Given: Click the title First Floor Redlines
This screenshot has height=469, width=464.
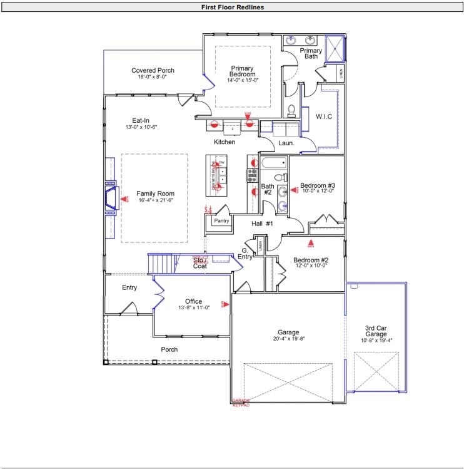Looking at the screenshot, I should tap(232, 8).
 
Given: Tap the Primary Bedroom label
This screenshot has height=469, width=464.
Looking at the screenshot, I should tap(243, 71).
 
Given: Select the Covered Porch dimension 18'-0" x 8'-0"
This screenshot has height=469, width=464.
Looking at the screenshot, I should tap(152, 77).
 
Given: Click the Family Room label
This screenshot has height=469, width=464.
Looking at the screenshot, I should tap(155, 193).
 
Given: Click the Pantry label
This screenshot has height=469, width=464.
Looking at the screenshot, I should tap(221, 221).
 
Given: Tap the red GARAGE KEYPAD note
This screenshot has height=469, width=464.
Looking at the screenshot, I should tap(241, 403).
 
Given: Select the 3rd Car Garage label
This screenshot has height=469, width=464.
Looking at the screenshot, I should tap(378, 331).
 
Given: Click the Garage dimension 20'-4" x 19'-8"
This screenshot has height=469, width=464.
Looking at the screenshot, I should tap(288, 339).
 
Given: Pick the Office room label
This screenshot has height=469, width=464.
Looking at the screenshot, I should tap(193, 301).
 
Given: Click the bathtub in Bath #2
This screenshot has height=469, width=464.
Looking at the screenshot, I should tap(272, 165).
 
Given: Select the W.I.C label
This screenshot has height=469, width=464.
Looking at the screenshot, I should tap(323, 116).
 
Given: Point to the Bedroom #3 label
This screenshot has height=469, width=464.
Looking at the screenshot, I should tap(318, 185).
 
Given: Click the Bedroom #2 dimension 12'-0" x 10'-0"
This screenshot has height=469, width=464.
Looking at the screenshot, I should tap(311, 265).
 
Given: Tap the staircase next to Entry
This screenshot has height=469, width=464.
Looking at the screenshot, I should tap(161, 264).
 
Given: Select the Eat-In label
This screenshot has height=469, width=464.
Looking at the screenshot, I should tap(140, 120).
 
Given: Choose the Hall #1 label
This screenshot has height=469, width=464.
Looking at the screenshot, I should tap(262, 224).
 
